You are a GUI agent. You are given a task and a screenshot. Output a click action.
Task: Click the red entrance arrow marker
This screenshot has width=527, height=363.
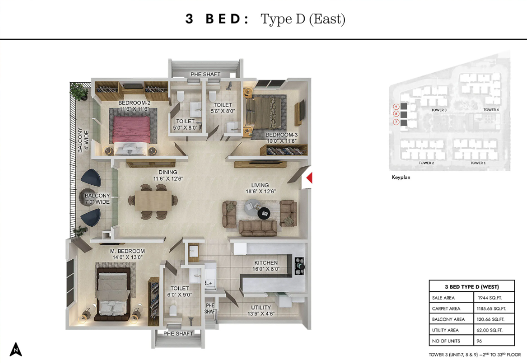coord(310,178)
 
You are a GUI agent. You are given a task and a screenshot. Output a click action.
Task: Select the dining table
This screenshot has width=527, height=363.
coord(153,201)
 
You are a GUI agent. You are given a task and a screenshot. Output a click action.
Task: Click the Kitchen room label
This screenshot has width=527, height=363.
coord(266,262)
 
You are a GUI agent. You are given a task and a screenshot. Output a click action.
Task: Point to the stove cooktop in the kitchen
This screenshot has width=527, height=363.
coord(300,266)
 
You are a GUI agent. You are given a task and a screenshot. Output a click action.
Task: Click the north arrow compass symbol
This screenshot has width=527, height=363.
coord(16,349)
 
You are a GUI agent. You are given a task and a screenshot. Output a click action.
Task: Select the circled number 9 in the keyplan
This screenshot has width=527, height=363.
coord(396,107)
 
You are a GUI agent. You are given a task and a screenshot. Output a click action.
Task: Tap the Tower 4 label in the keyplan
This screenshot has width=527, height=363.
coord(491,110)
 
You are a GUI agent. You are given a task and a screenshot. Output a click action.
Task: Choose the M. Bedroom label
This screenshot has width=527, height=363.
coord(127,251)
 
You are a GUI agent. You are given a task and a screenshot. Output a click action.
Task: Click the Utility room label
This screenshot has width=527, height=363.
coord(261,307)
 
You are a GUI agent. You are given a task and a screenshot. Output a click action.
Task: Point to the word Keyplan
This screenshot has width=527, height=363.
coord(401,177)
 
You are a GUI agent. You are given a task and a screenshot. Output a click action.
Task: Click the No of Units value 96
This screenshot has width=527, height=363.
coord(479,341)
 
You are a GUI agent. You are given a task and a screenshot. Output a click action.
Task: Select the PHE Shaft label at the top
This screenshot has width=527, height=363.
coord(205,74)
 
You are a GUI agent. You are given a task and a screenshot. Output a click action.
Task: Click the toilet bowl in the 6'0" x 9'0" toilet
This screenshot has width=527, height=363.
coord(173,310)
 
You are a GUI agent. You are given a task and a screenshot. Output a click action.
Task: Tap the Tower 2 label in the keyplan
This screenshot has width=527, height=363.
coord(426,163)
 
